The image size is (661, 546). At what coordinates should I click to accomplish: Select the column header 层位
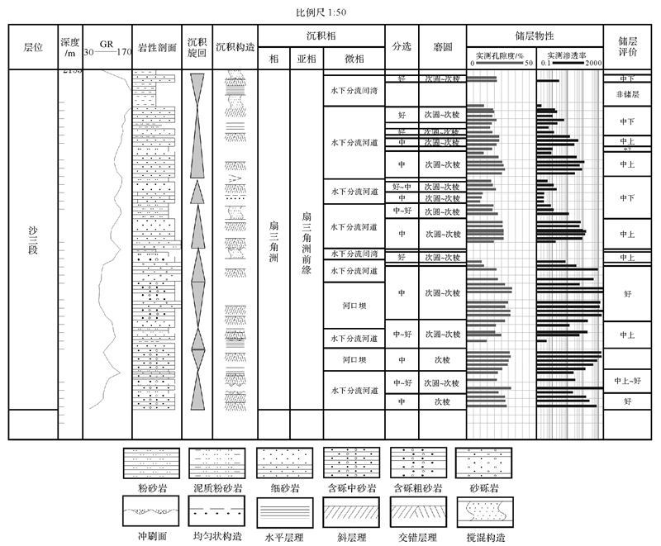(x=33, y=47)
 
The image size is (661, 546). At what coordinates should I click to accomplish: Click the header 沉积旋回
(x=197, y=47)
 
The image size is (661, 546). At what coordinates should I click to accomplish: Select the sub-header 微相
(x=353, y=60)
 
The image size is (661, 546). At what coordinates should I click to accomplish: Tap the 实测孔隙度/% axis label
(x=501, y=55)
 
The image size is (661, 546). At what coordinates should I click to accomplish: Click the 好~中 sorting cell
(x=402, y=187)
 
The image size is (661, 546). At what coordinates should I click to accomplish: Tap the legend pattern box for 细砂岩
(x=277, y=461)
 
